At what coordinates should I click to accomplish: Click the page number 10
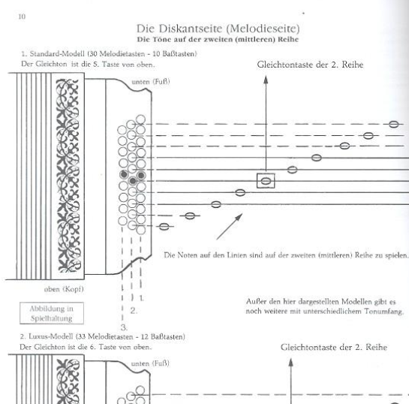coord(22,17)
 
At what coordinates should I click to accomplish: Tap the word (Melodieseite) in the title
coord(263,29)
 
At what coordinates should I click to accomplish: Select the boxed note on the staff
coord(266,181)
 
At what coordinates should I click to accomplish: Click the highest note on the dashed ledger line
coord(393,124)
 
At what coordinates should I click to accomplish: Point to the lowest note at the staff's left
coord(164,227)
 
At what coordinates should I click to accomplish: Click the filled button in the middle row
coord(133,181)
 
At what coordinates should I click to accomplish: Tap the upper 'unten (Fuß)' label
coord(151,82)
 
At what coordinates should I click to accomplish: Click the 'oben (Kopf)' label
coord(64,289)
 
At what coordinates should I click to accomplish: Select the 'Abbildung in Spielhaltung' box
coord(52,313)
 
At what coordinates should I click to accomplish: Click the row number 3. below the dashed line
coord(124,327)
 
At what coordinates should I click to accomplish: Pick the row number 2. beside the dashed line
coord(134,311)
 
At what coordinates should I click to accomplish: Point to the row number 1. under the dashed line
coord(141,298)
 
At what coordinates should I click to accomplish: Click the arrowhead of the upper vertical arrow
coord(266,80)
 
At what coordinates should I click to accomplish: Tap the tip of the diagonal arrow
coord(242,214)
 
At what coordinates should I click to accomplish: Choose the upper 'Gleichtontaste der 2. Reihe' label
coord(310,65)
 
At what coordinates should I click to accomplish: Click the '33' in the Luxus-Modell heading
coord(82,336)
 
